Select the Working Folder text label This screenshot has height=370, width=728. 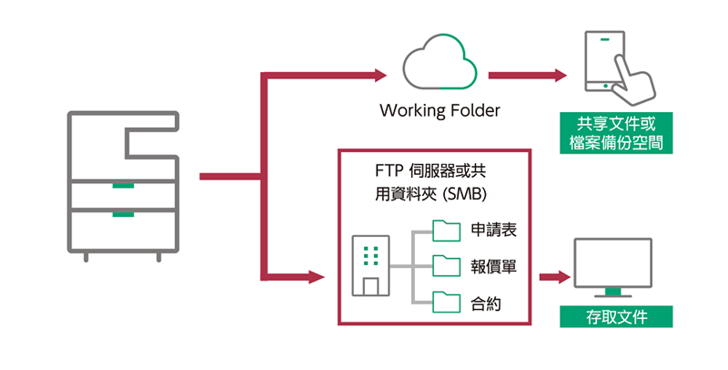click(440, 112)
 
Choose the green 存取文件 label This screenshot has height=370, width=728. click(617, 317)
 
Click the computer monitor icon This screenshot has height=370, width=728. click(612, 267)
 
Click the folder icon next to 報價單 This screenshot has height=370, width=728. click(447, 265)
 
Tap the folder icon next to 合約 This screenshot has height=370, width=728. click(447, 302)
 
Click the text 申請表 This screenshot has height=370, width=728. click(494, 231)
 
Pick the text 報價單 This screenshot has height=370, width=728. click(494, 266)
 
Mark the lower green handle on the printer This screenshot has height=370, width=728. click(123, 215)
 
